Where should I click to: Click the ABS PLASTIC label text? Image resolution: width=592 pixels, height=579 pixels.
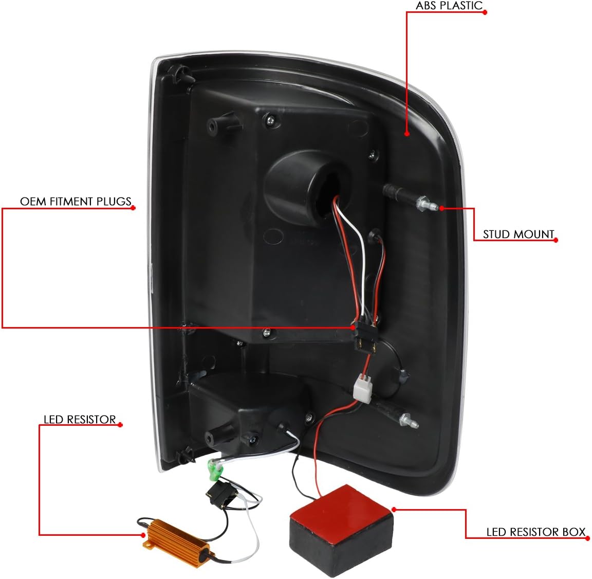(x=449, y=6)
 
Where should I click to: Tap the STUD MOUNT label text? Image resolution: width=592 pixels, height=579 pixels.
(x=518, y=234)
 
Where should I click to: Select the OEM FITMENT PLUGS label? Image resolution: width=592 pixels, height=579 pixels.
(x=76, y=201)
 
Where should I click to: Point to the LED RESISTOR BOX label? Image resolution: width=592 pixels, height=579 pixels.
(x=535, y=532)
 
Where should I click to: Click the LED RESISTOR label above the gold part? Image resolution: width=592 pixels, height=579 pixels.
(x=80, y=420)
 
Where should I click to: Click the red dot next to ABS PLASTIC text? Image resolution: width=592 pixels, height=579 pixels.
(x=485, y=12)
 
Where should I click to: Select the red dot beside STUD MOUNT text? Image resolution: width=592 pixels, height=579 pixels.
(x=556, y=240)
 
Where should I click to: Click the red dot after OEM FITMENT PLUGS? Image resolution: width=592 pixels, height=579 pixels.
(x=134, y=208)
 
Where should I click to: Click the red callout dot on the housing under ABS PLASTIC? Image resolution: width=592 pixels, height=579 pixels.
(x=407, y=134)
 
